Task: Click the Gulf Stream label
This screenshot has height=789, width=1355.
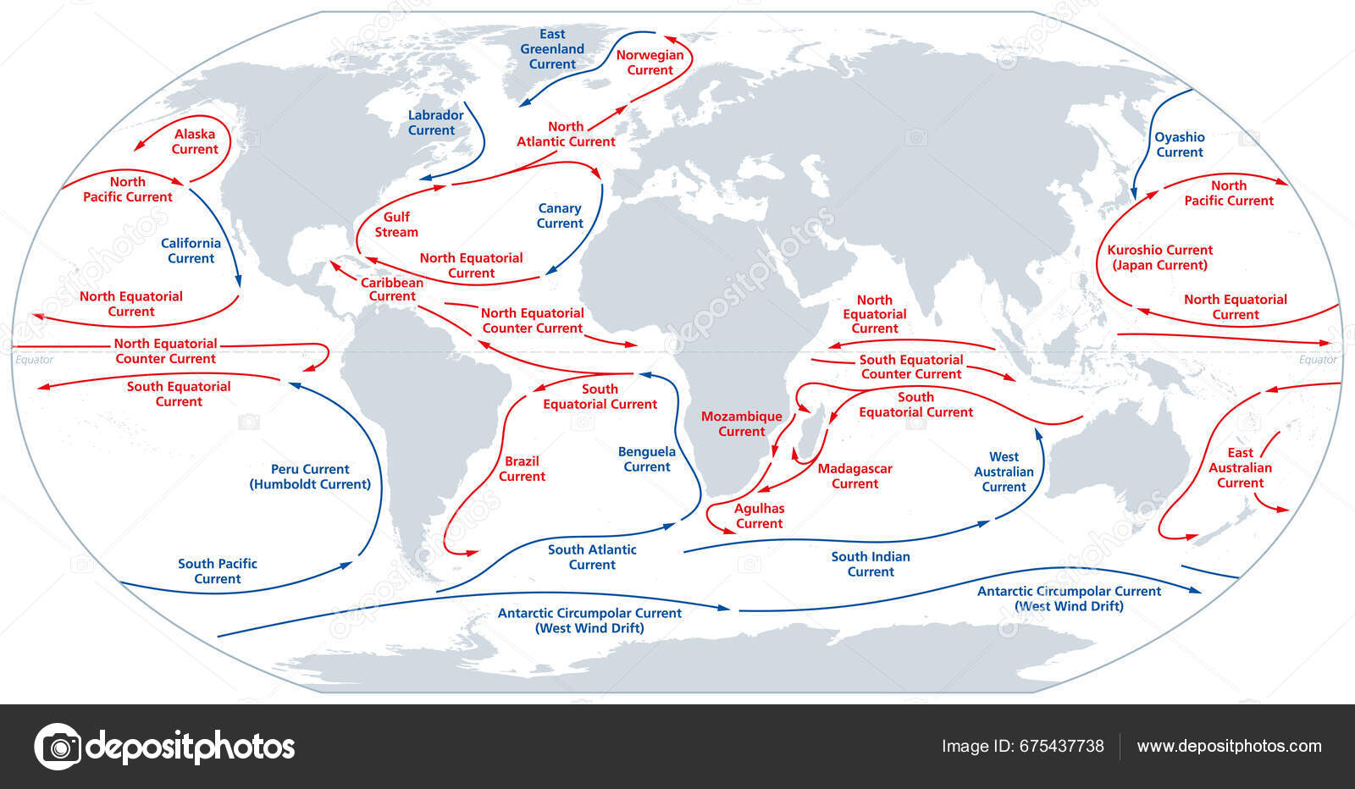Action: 396,224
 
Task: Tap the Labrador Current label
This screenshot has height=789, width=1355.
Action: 435,123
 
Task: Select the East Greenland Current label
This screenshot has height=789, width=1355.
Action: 552,49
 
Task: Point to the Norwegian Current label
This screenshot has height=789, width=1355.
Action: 650,63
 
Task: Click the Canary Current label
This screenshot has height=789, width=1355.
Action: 560,216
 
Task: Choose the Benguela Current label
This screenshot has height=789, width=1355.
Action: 647,459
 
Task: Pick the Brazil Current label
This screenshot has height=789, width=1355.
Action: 522,469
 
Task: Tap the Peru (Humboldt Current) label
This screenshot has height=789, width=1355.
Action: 310,477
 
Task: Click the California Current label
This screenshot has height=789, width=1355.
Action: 191,251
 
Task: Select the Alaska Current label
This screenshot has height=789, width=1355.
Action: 195,141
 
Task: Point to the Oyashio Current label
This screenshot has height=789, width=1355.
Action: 1180,145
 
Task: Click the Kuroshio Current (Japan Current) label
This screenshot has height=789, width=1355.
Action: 1160,257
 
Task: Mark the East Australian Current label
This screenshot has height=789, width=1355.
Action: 1240,468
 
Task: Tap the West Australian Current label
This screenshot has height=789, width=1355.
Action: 1004,472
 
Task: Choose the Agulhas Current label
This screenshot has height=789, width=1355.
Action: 759,516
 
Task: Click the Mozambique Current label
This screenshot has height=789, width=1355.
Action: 741,424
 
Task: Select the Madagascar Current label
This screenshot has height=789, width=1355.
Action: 854,476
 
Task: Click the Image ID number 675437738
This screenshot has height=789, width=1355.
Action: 1062,746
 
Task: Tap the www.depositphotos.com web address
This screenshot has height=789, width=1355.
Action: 1229,746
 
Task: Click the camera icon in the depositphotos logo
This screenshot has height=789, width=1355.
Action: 58,747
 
